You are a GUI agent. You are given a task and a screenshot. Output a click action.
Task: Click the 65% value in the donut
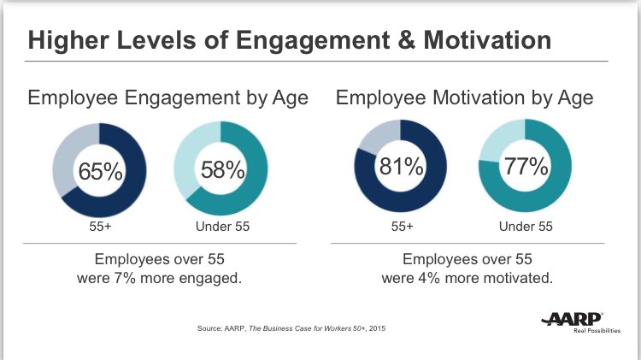pyautogui.click(x=101, y=172)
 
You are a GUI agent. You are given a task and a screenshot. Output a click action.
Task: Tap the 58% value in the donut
pyautogui.click(x=222, y=170)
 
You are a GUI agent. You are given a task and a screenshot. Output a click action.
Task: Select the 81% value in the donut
pyautogui.click(x=403, y=168)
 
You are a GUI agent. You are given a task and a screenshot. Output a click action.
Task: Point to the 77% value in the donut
pyautogui.click(x=525, y=166)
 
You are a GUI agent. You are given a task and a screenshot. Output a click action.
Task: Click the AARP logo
pyautogui.click(x=573, y=319)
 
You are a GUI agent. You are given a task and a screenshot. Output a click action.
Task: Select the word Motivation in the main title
pyautogui.click(x=483, y=40)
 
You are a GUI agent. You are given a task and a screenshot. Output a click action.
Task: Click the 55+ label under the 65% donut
pyautogui.click(x=101, y=227)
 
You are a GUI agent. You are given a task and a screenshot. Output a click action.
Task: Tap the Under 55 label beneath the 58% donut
pyautogui.click(x=221, y=227)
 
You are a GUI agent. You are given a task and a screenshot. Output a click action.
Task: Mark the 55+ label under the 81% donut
pyautogui.click(x=403, y=227)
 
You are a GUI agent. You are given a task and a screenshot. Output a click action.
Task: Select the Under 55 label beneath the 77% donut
pyautogui.click(x=525, y=227)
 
